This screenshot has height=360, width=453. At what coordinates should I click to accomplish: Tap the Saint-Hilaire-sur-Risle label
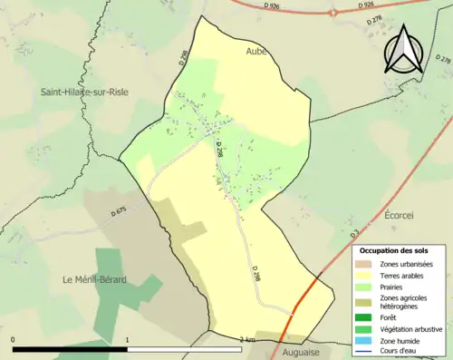pyautogui.click(x=81, y=92)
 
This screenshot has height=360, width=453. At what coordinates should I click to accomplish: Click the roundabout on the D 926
pyautogui.click(x=332, y=14)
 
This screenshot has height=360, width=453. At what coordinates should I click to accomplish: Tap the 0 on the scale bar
pyautogui.click(x=14, y=340)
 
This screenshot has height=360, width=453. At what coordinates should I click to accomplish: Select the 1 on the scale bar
pyautogui.click(x=127, y=340)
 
